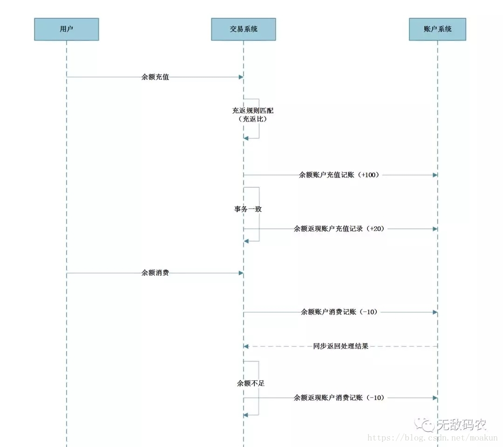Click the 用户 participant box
(66, 29)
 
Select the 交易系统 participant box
(243, 29)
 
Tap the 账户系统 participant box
(437, 29)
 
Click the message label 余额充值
(155, 77)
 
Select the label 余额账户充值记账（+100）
(340, 175)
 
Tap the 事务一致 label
(248, 209)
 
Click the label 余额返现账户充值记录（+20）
(340, 229)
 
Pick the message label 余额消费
(155, 273)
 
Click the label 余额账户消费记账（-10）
(340, 312)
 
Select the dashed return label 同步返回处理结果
(340, 346)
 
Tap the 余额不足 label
(251, 383)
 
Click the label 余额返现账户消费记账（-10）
(340, 398)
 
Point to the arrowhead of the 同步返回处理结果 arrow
(246, 346)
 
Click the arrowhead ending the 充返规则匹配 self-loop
(246, 138)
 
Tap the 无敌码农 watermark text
(461, 425)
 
